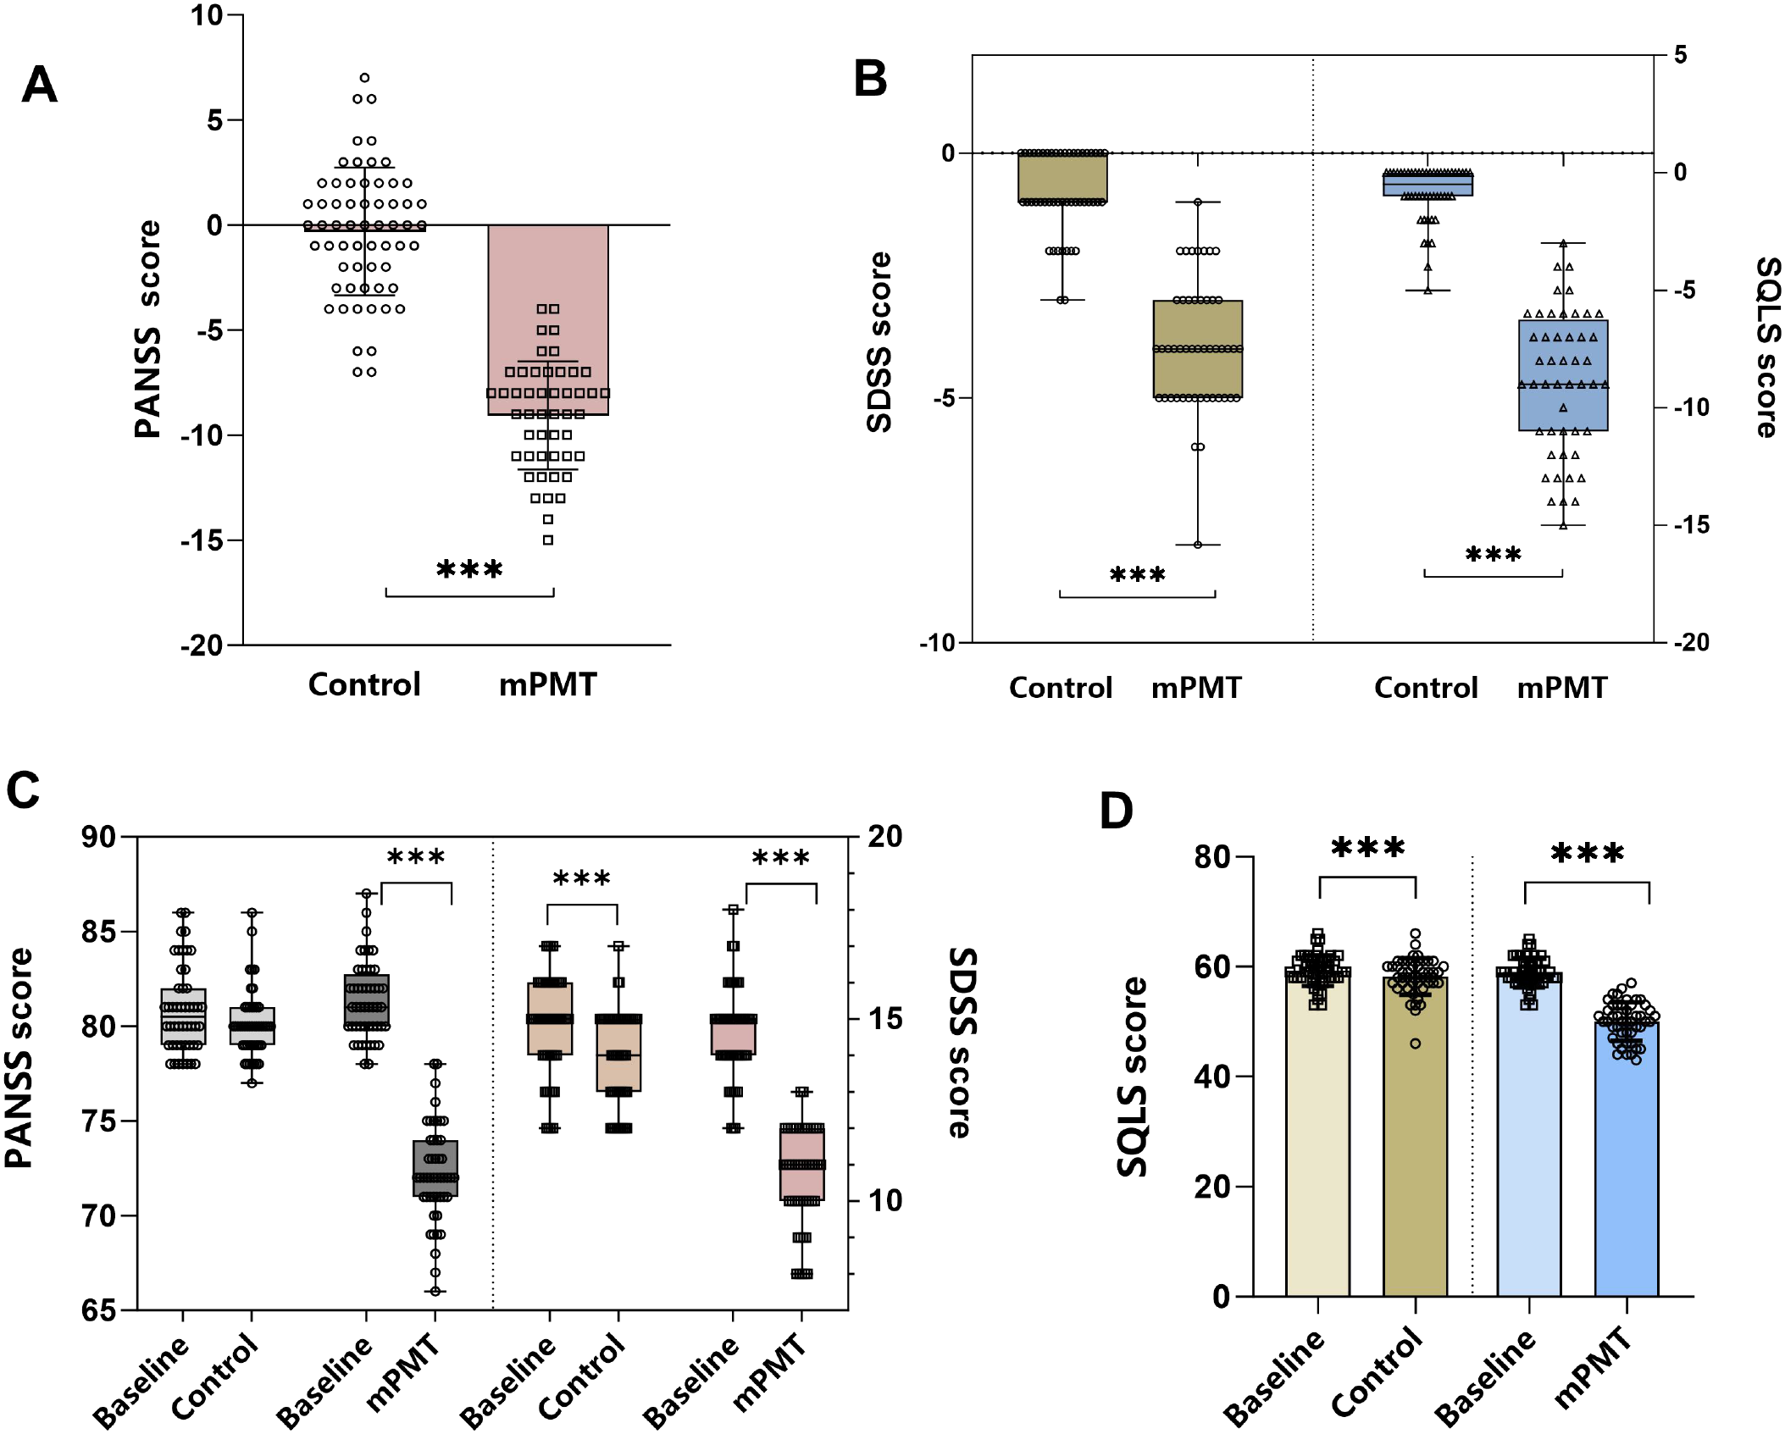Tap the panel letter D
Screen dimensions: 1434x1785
point(1116,811)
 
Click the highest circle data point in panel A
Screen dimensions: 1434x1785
point(364,78)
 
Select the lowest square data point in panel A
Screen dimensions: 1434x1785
point(548,540)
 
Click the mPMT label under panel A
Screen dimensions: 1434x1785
point(547,684)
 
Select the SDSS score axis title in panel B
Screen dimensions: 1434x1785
point(879,342)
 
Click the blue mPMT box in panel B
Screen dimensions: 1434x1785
point(1563,375)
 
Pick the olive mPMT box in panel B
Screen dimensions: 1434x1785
point(1197,349)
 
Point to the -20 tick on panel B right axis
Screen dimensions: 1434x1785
point(1692,643)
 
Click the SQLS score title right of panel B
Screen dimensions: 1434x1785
point(1767,347)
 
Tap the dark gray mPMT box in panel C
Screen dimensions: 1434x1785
point(435,1168)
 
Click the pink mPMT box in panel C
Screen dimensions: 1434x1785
point(801,1162)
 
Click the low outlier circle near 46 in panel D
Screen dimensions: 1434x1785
point(1416,1044)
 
